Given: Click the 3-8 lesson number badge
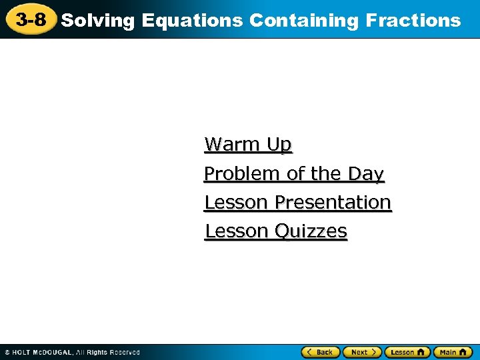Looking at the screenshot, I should click(31, 20).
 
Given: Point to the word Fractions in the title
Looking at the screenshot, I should click(413, 21).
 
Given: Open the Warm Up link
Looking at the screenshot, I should click(248, 144).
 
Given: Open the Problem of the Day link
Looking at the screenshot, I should click(294, 173).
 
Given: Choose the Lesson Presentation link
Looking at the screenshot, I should click(297, 202).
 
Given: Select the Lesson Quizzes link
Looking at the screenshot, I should click(276, 231).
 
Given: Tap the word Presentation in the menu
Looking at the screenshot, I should click(333, 202).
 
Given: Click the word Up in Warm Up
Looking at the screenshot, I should click(279, 144).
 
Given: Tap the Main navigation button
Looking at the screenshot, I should click(452, 351).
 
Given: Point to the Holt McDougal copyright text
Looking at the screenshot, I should click(72, 352).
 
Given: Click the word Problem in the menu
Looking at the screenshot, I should click(242, 173).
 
